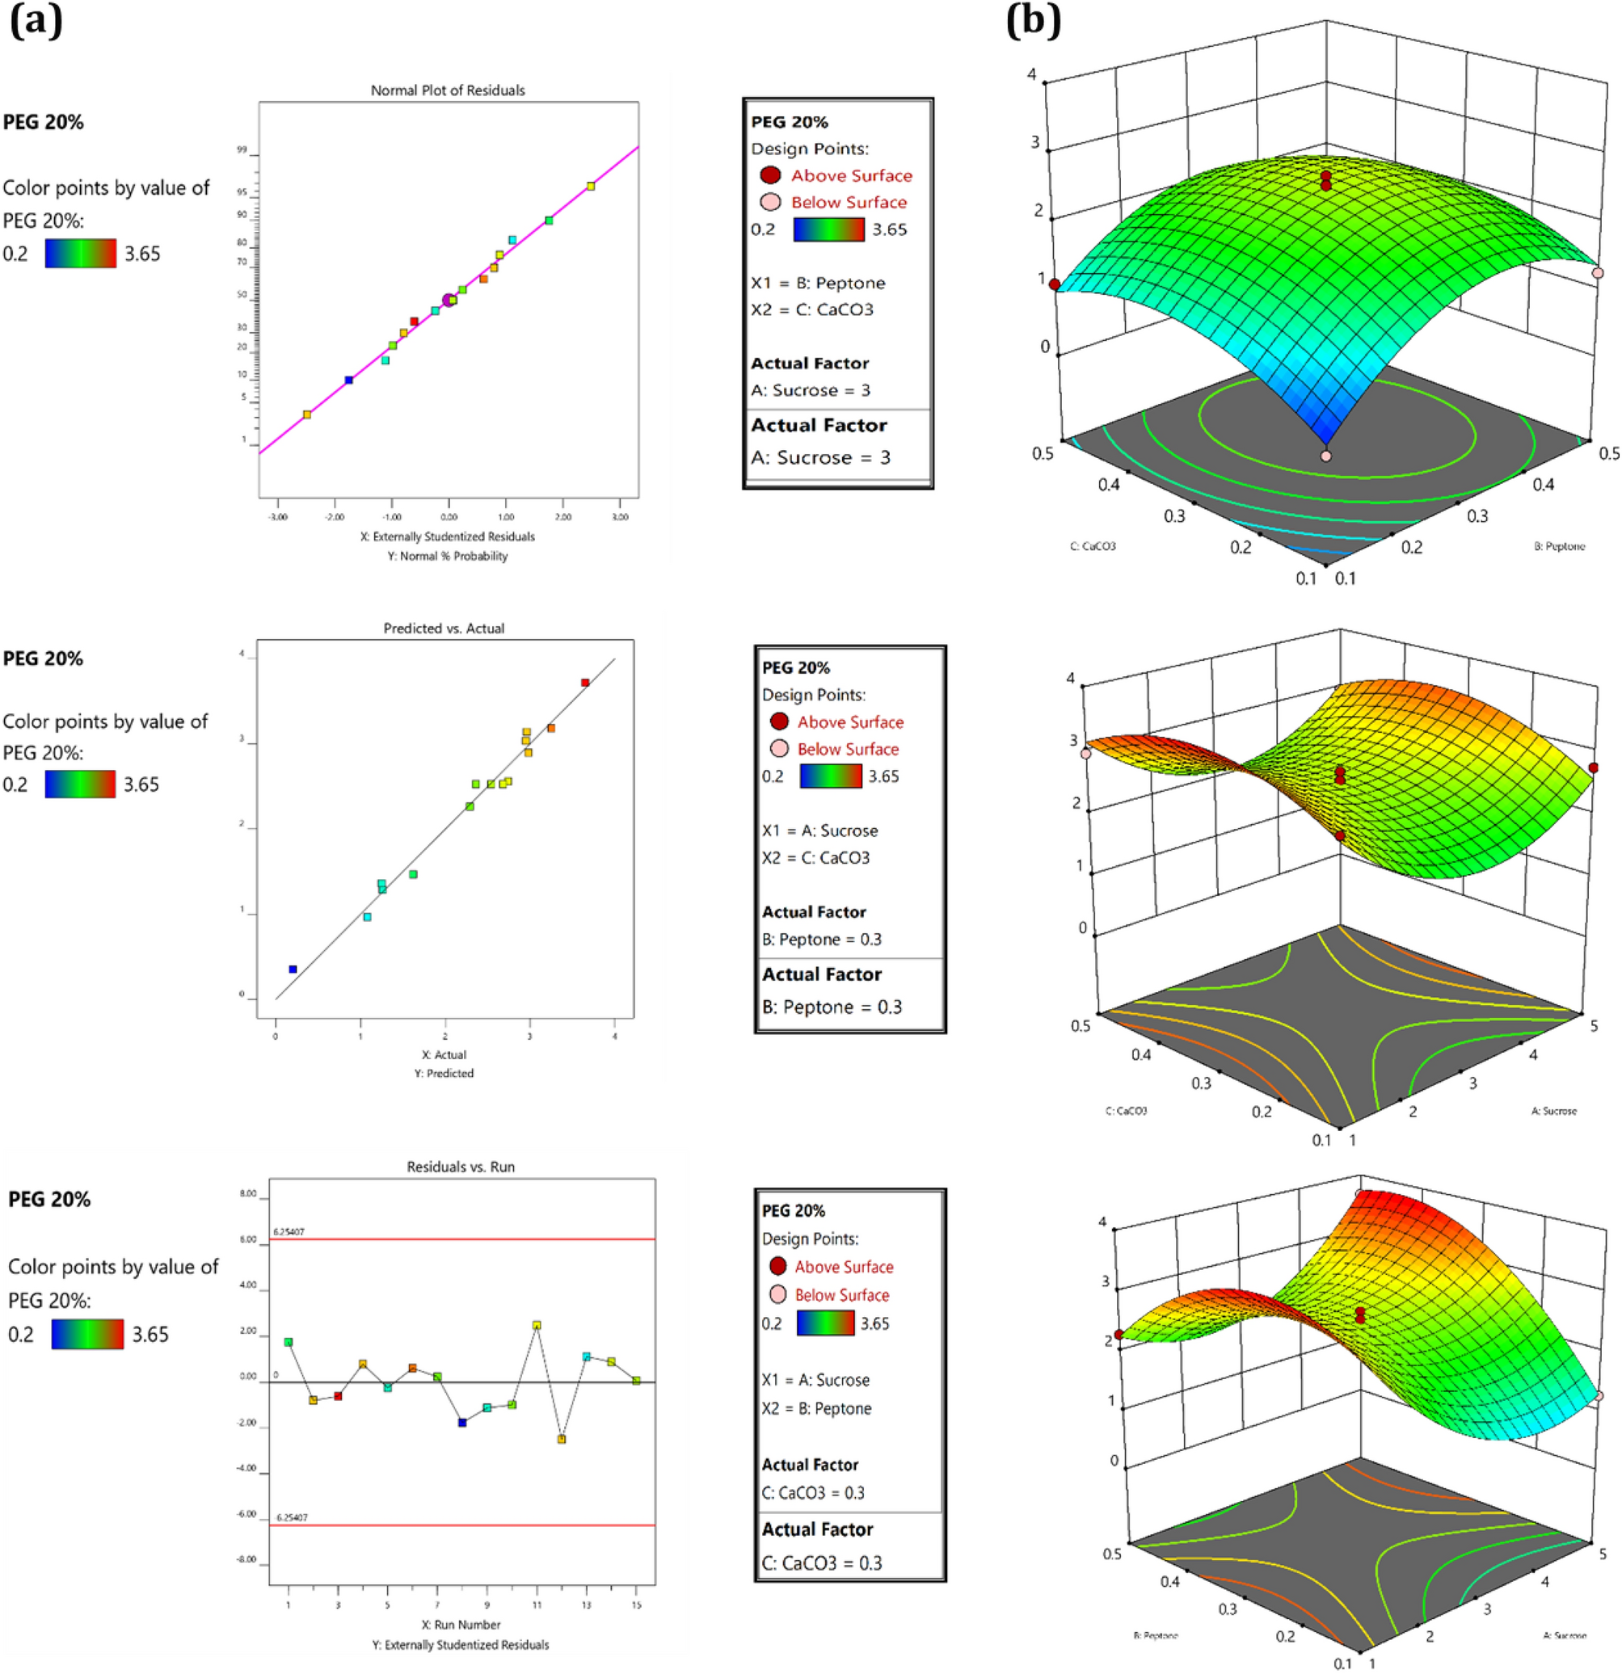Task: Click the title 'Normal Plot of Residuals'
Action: [448, 90]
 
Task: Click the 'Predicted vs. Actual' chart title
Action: [444, 629]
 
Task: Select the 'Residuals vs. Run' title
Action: [461, 1167]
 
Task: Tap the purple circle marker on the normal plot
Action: [449, 300]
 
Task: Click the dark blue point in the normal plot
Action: [348, 380]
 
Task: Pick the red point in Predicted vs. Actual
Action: [585, 683]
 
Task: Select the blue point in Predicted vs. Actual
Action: [293, 969]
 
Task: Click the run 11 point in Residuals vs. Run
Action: [537, 1325]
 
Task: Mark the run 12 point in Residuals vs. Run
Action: [561, 1439]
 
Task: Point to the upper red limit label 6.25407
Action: [289, 1231]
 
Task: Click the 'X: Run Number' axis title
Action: [461, 1625]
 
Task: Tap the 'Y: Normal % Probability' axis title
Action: [453, 556]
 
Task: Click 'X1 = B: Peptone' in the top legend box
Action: [817, 283]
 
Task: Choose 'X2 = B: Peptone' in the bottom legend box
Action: [815, 1408]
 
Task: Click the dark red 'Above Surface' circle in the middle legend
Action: [779, 721]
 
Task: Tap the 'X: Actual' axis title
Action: [444, 1055]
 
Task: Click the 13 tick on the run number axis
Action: [586, 1605]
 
